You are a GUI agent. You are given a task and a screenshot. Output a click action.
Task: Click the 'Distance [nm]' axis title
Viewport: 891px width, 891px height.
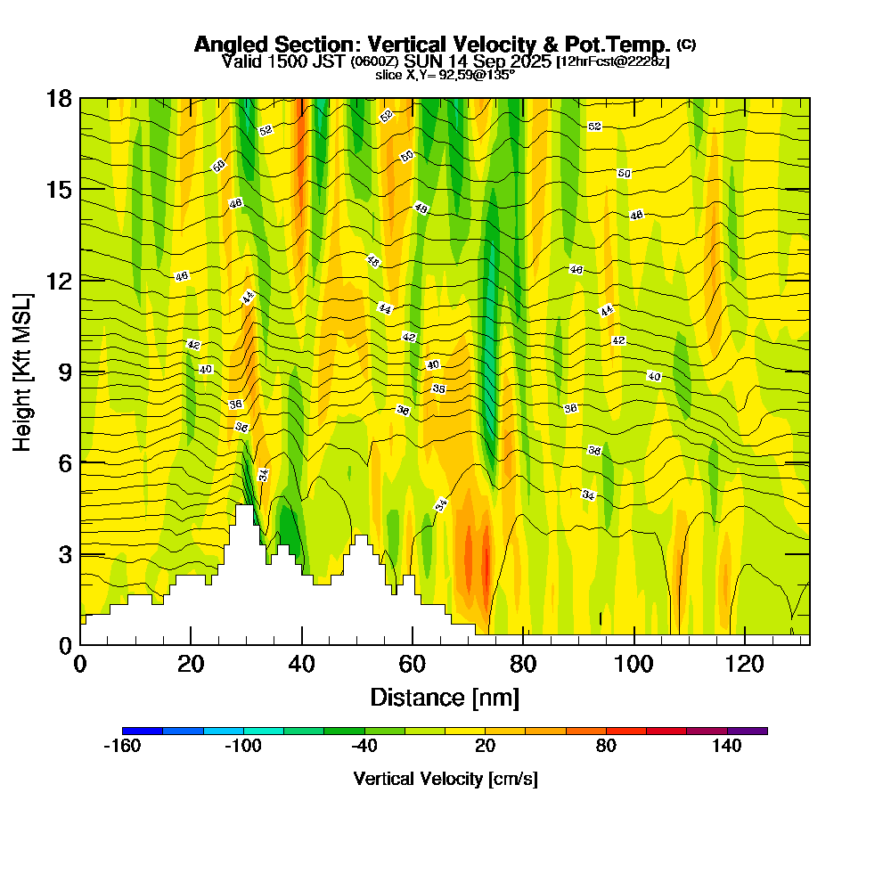coord(445,697)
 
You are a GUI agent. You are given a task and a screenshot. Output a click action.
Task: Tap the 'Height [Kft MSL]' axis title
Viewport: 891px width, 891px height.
coord(22,371)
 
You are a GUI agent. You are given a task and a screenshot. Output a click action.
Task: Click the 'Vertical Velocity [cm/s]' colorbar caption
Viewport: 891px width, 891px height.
coord(445,779)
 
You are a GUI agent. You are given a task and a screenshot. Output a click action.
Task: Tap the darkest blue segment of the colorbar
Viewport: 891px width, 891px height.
coord(143,731)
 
